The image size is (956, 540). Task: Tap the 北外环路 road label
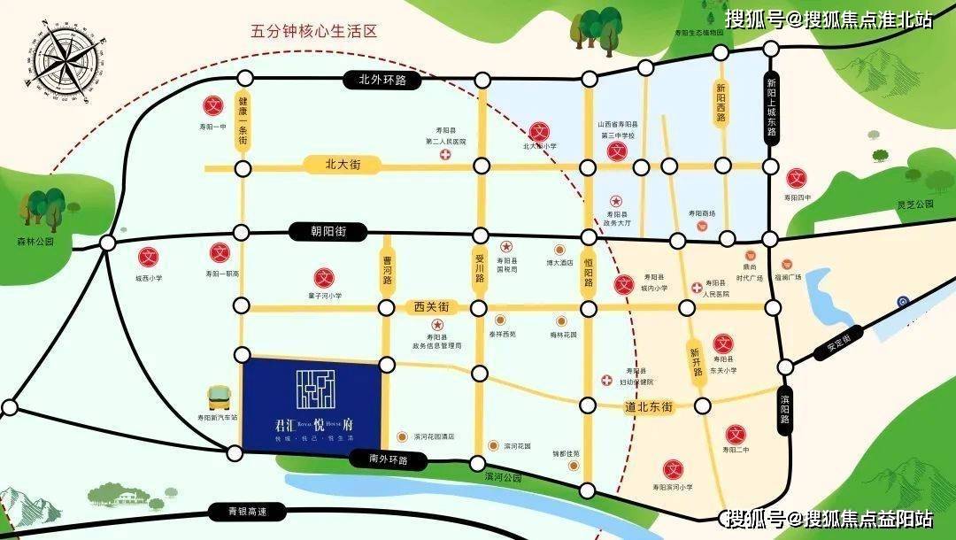(376, 81)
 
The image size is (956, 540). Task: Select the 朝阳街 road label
(316, 232)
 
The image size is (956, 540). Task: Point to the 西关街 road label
(431, 307)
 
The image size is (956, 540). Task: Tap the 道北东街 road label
(649, 406)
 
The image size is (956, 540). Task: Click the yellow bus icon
(217, 397)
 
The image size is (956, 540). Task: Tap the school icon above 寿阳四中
(798, 177)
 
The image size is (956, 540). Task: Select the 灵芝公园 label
(915, 204)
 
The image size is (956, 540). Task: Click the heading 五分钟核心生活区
(314, 32)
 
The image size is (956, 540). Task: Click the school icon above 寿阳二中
(734, 434)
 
